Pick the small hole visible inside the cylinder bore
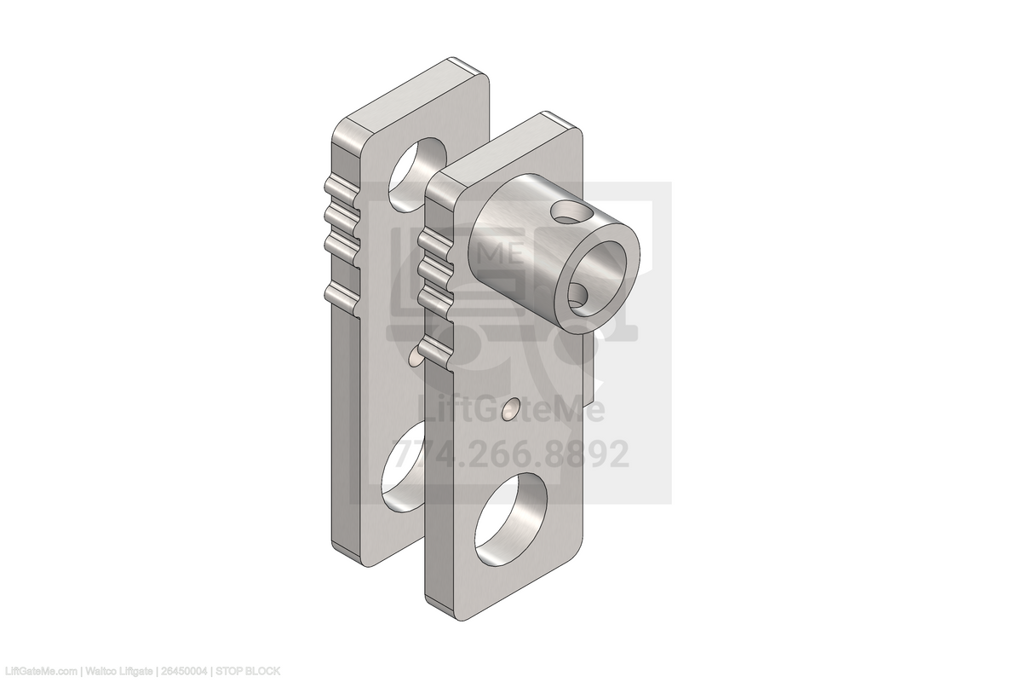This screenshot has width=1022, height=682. click(577, 297)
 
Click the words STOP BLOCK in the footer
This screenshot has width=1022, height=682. click(247, 672)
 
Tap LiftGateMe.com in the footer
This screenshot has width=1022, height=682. click(39, 672)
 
